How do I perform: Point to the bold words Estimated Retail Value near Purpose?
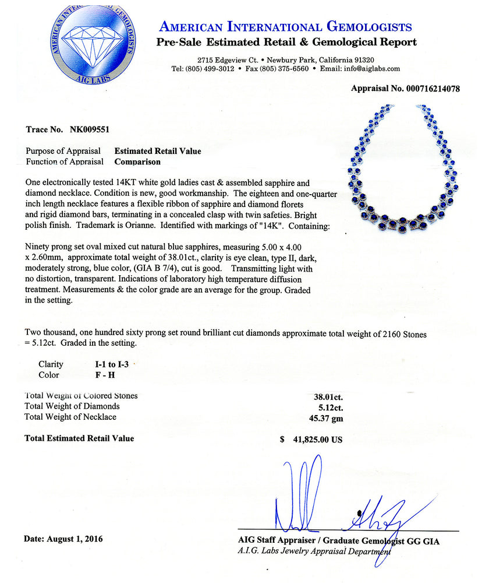click(x=158, y=151)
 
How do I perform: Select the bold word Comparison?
click(x=137, y=161)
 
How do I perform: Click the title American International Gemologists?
click(x=286, y=27)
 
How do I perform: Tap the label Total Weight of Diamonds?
click(x=72, y=406)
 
